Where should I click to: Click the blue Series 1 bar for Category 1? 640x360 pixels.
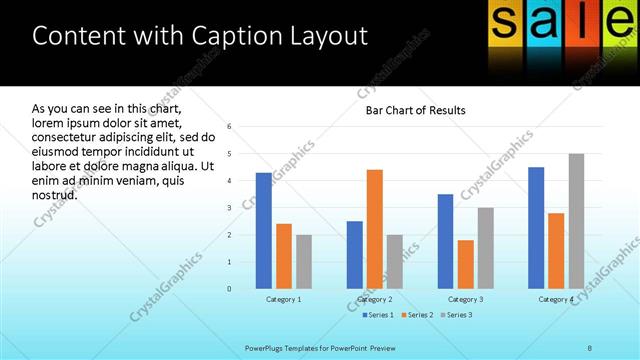click(x=264, y=231)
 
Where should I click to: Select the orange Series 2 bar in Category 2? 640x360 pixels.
click(x=375, y=229)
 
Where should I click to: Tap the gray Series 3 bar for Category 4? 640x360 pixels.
click(x=576, y=221)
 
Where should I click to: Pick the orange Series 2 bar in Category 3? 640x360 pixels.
click(x=466, y=264)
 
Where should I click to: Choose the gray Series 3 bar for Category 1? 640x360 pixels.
click(x=304, y=262)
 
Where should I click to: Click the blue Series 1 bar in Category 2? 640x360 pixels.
click(x=355, y=255)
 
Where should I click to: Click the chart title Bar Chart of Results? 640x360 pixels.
click(x=415, y=109)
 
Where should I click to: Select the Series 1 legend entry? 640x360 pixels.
click(x=378, y=315)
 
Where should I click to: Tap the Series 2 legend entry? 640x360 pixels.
click(x=419, y=315)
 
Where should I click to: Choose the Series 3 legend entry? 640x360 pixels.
click(x=458, y=315)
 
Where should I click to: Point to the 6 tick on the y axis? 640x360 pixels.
click(x=230, y=127)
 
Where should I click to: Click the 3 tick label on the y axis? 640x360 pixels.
click(x=230, y=208)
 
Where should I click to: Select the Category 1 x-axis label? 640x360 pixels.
click(x=284, y=299)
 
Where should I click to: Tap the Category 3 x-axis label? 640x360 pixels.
click(x=466, y=299)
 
